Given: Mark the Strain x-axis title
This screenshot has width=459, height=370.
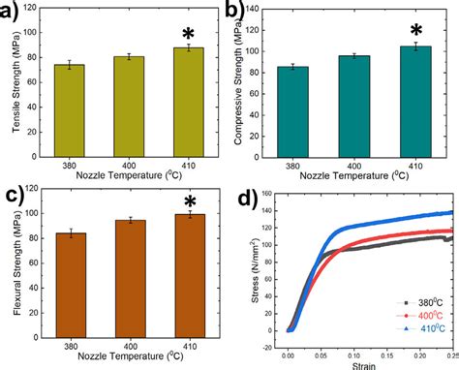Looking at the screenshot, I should pyautogui.click(x=365, y=365).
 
